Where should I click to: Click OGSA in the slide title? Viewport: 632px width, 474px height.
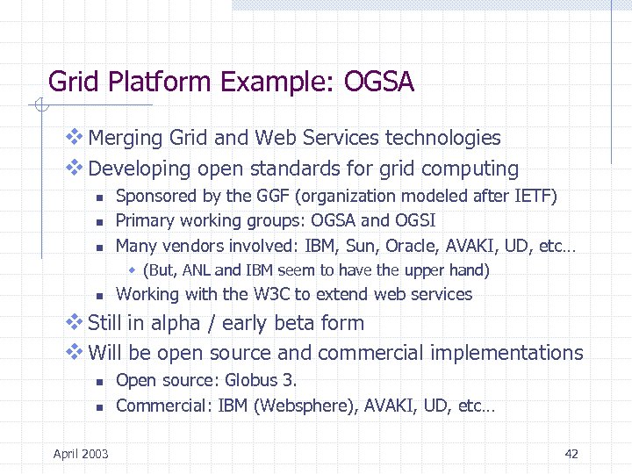pos(379,83)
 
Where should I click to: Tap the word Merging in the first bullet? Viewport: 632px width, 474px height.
pos(126,139)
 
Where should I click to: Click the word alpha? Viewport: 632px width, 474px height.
pos(176,323)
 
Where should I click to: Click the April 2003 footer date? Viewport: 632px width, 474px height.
pos(81,454)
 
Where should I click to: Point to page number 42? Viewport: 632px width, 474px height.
pos(571,454)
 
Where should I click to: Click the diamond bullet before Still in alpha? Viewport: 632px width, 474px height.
pos(75,322)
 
